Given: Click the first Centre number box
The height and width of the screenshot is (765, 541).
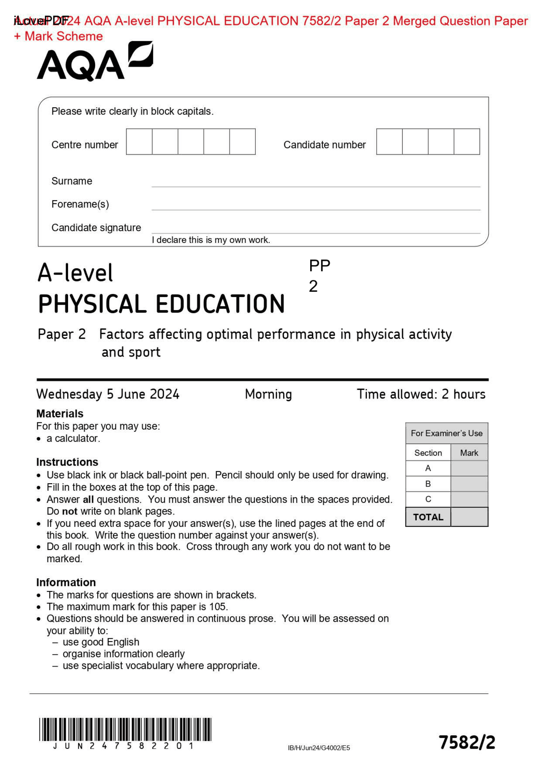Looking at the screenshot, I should (139, 142).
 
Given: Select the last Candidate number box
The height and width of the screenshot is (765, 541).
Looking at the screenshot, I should (467, 142).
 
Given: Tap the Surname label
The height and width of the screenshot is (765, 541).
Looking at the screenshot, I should (72, 181).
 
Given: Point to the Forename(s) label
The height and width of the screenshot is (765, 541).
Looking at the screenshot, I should (80, 204).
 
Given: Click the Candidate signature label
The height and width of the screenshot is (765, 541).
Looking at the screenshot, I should (96, 228).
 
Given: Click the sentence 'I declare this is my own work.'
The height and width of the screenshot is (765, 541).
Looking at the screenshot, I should (211, 240).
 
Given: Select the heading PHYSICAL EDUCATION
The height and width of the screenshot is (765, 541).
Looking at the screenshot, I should (161, 304).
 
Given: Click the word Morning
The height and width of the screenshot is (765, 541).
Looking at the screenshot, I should (268, 394).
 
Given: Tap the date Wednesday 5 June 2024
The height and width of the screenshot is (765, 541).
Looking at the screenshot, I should (108, 394).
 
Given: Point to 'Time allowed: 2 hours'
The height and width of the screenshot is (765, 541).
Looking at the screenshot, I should (421, 394).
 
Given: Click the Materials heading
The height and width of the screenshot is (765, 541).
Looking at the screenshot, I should (60, 414).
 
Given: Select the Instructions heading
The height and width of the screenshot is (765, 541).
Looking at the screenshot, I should (67, 462).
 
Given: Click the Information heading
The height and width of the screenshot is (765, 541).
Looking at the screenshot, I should (66, 582).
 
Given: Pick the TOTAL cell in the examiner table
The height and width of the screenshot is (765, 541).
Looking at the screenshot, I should (428, 517).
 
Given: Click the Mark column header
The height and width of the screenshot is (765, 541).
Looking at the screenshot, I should (469, 453).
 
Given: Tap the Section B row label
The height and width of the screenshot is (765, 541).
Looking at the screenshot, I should (428, 484).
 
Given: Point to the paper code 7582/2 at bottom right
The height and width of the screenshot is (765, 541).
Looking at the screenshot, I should (467, 742).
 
